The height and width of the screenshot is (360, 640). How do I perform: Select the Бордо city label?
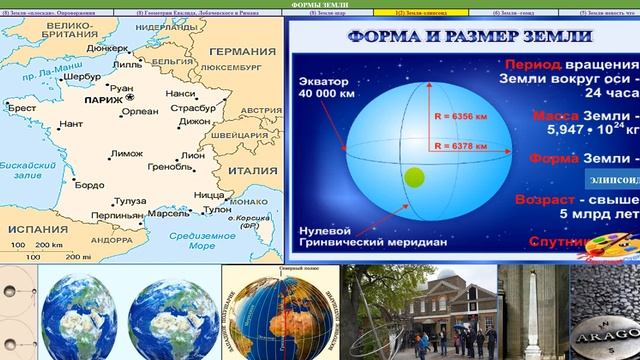click(x=89, y=185)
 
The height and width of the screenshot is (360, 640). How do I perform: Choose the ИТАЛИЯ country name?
click(x=248, y=171)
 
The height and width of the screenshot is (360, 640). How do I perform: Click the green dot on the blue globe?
click(x=413, y=178)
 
